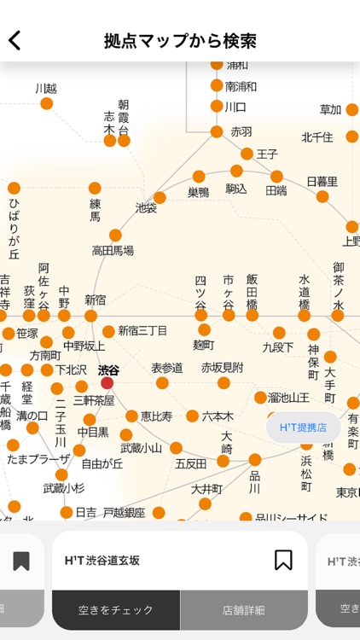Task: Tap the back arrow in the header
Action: tap(15, 40)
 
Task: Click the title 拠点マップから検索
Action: tap(180, 41)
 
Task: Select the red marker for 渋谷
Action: tap(107, 383)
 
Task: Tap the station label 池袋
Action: tap(147, 207)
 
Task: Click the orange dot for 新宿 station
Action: tap(91, 316)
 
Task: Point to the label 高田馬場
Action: tap(113, 251)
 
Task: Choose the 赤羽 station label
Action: tap(241, 132)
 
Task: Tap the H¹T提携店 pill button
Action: tap(304, 427)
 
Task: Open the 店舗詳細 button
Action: tap(244, 610)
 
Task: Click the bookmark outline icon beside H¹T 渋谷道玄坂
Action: tap(283, 560)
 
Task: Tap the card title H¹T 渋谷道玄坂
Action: tap(102, 561)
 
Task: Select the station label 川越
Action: tap(46, 89)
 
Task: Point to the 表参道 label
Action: tap(167, 368)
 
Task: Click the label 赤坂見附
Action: tap(222, 368)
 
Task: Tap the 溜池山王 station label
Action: tap(288, 397)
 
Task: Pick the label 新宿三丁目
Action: tap(142, 330)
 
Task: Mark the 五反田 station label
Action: tap(191, 463)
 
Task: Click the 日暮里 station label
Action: tap(322, 182)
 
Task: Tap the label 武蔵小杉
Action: tap(64, 488)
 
